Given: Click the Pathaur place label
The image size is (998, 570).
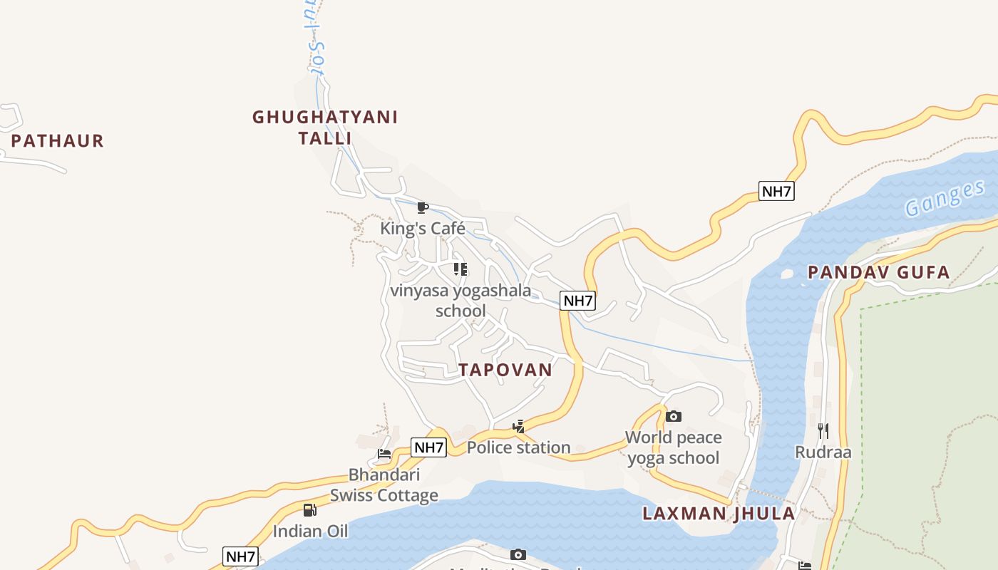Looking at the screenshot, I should [57, 141].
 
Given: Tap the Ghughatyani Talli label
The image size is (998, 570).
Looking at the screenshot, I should [325, 127].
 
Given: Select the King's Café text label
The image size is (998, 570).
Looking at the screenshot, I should [422, 229].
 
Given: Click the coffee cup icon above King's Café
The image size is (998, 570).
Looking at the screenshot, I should [422, 208].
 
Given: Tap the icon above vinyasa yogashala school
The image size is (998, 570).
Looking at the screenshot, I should [461, 269].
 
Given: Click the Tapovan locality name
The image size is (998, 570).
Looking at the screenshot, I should [505, 370].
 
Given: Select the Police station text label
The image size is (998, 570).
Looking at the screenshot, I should [518, 447].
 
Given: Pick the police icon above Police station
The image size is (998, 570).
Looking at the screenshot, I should [519, 427].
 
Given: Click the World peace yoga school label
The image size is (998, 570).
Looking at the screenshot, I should [674, 447].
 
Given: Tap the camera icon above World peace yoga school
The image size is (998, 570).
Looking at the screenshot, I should [674, 416].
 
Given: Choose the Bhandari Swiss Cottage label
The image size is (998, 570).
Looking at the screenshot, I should [384, 484].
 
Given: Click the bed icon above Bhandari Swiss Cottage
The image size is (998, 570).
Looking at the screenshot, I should [384, 454].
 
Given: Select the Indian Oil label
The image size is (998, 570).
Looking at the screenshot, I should [310, 531].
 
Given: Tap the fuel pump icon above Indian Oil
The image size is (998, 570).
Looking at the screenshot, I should [309, 510].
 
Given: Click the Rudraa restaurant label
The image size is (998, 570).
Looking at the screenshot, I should [823, 452].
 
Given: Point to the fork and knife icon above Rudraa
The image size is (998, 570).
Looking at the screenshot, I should [823, 430].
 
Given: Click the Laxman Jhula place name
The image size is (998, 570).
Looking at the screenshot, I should [718, 514].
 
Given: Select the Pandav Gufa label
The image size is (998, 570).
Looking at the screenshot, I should [878, 272].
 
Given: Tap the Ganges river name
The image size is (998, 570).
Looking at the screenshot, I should [945, 199].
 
